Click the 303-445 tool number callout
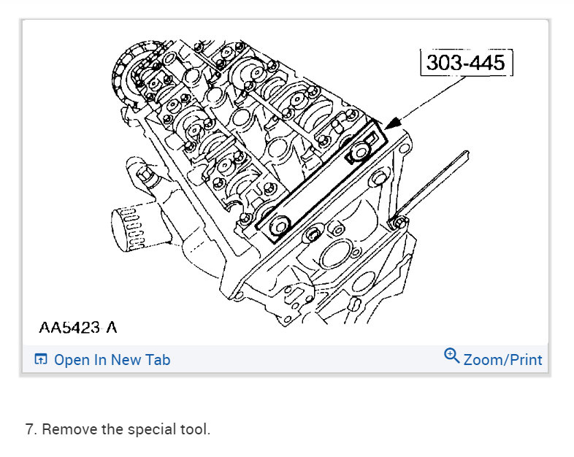(467, 63)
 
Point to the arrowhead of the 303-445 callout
(392, 123)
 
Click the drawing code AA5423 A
(78, 328)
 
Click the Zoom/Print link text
(502, 360)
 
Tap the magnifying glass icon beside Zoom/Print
(452, 356)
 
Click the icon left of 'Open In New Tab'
(40, 359)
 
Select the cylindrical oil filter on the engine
(128, 229)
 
